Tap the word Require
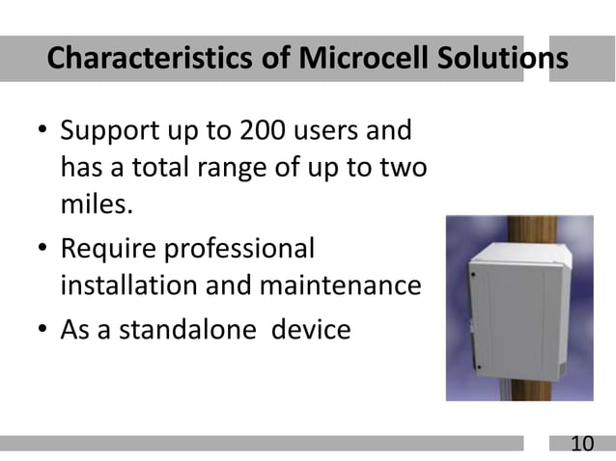pyautogui.click(x=114, y=248)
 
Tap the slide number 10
pyautogui.click(x=582, y=445)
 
